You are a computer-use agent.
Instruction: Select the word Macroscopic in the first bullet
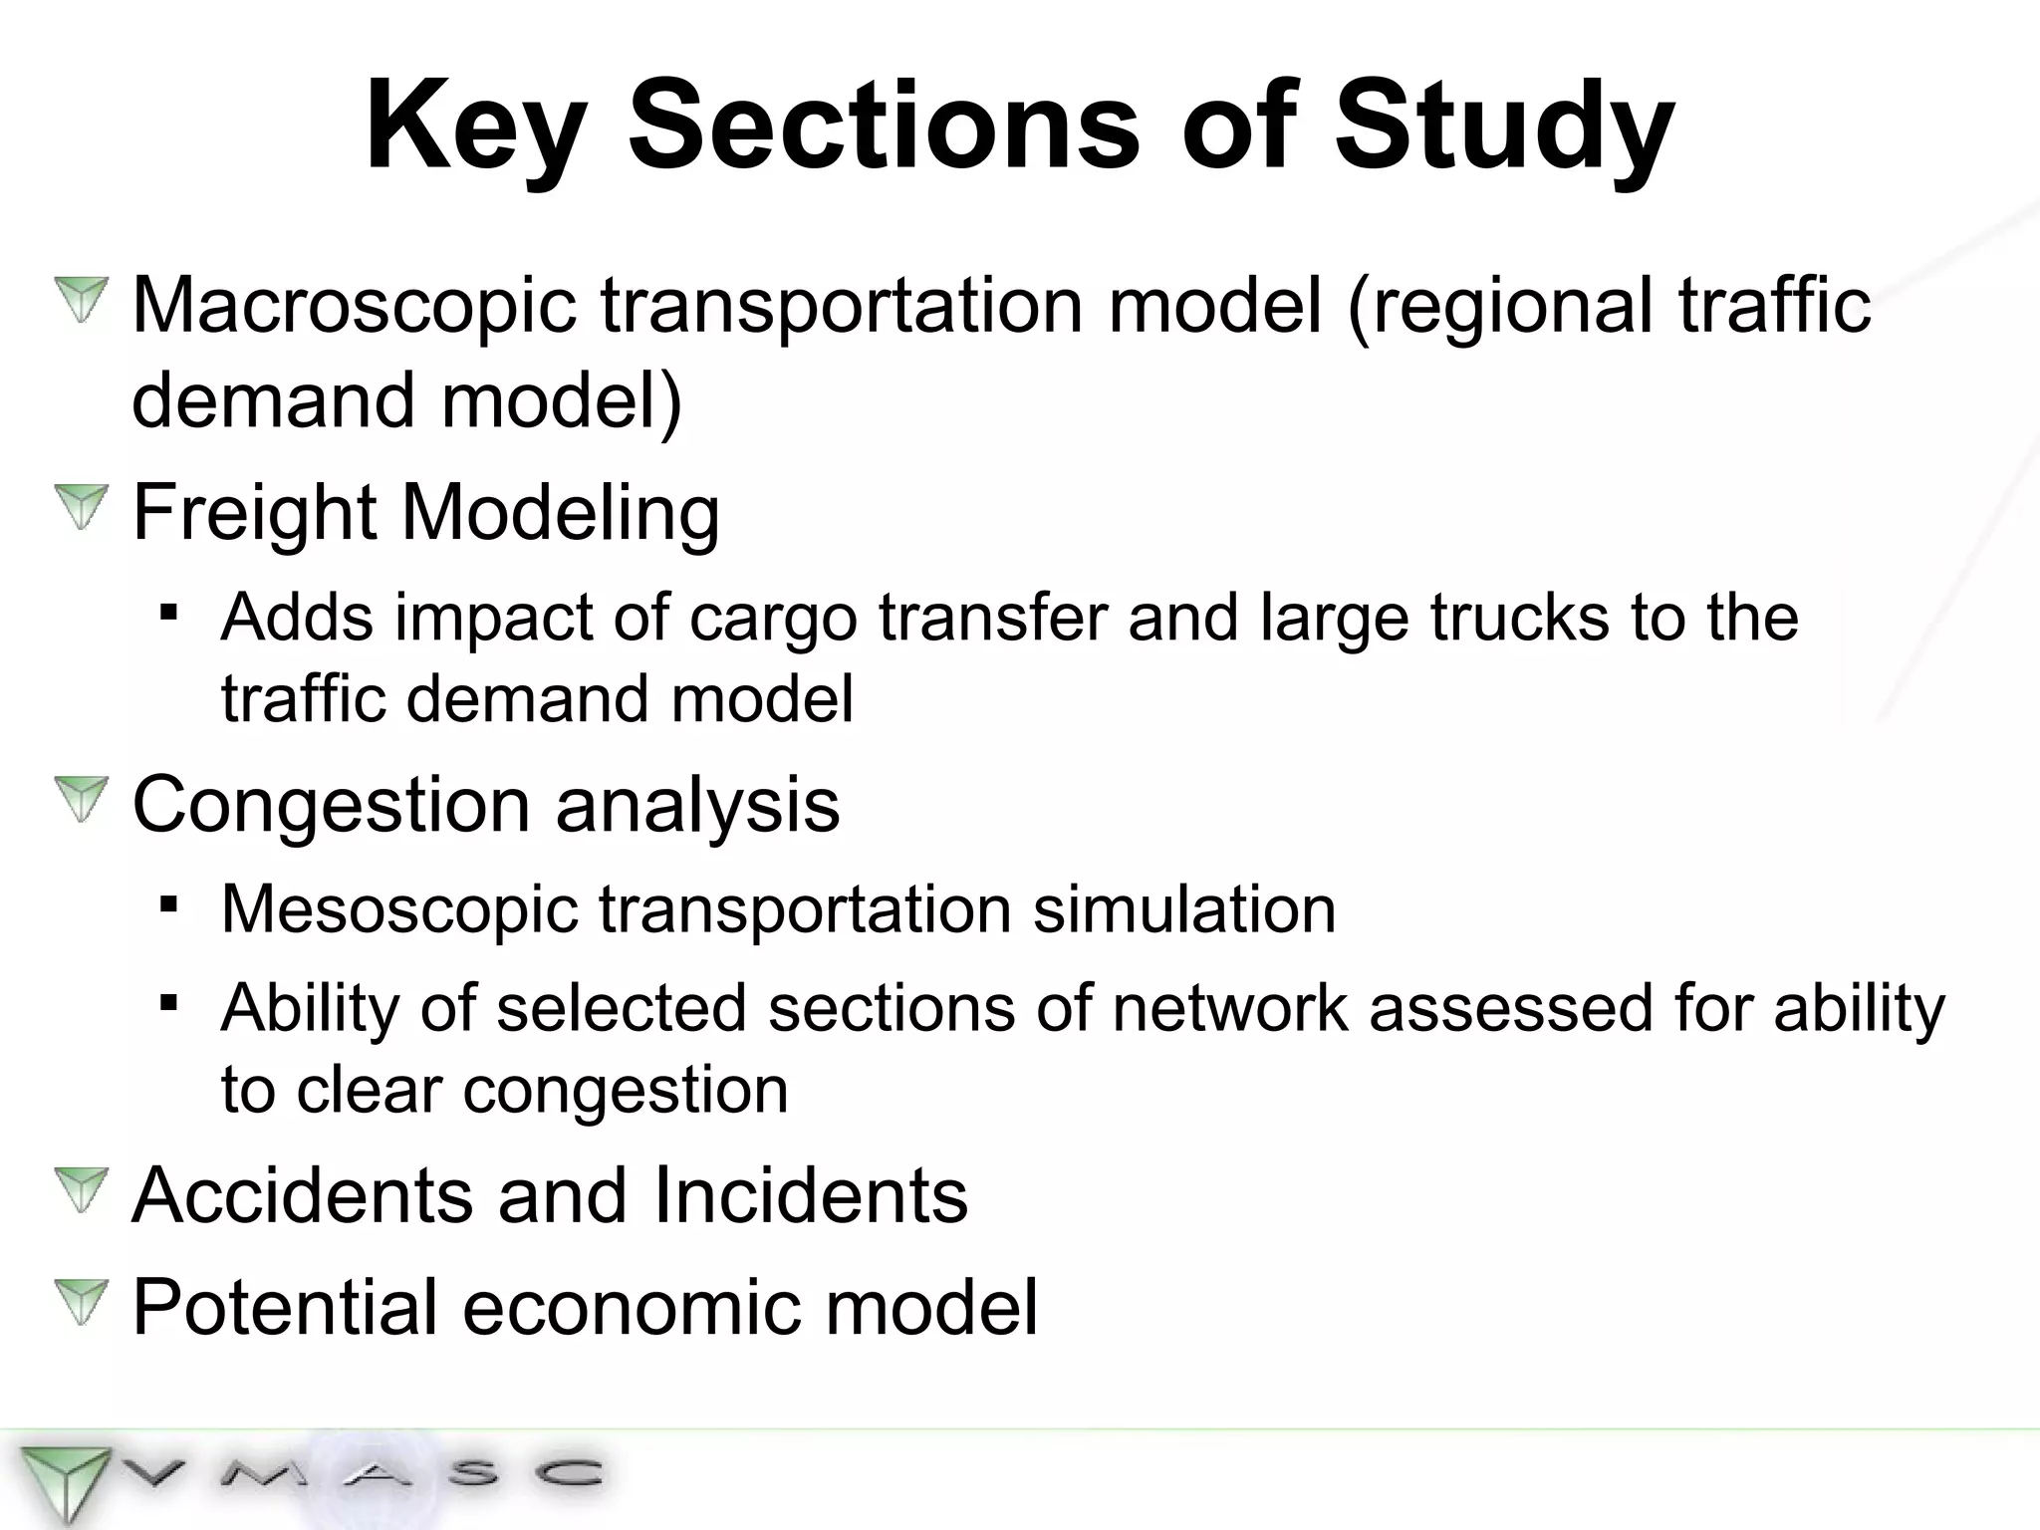click(x=354, y=305)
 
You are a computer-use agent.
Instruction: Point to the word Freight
click(x=253, y=512)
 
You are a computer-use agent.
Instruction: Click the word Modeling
click(x=560, y=512)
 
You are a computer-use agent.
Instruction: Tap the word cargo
click(x=773, y=618)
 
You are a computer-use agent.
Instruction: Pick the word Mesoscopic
click(x=398, y=910)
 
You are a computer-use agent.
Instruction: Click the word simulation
click(x=1184, y=910)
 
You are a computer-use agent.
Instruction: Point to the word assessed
click(x=1510, y=1008)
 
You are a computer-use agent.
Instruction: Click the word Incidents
click(x=811, y=1195)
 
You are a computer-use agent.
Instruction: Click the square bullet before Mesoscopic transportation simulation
click(x=168, y=905)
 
